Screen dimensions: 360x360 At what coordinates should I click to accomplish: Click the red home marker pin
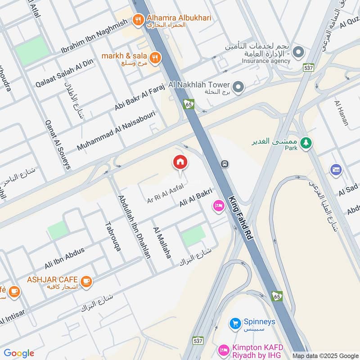tap(180, 162)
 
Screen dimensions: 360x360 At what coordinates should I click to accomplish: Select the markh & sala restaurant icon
tap(156, 57)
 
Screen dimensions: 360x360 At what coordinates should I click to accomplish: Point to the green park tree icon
tap(306, 143)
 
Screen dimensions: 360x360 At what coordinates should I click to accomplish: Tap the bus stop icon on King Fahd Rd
tap(224, 164)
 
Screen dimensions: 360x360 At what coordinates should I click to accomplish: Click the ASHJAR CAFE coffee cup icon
tap(86, 281)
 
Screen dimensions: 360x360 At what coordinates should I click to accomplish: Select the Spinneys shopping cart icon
tap(234, 323)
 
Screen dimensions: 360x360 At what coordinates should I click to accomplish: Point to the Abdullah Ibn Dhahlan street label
tap(134, 226)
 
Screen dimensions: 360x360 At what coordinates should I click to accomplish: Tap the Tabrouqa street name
tap(112, 236)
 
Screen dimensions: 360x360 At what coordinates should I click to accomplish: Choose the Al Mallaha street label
tap(162, 243)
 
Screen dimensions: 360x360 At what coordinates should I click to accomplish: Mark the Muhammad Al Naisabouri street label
tap(116, 130)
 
